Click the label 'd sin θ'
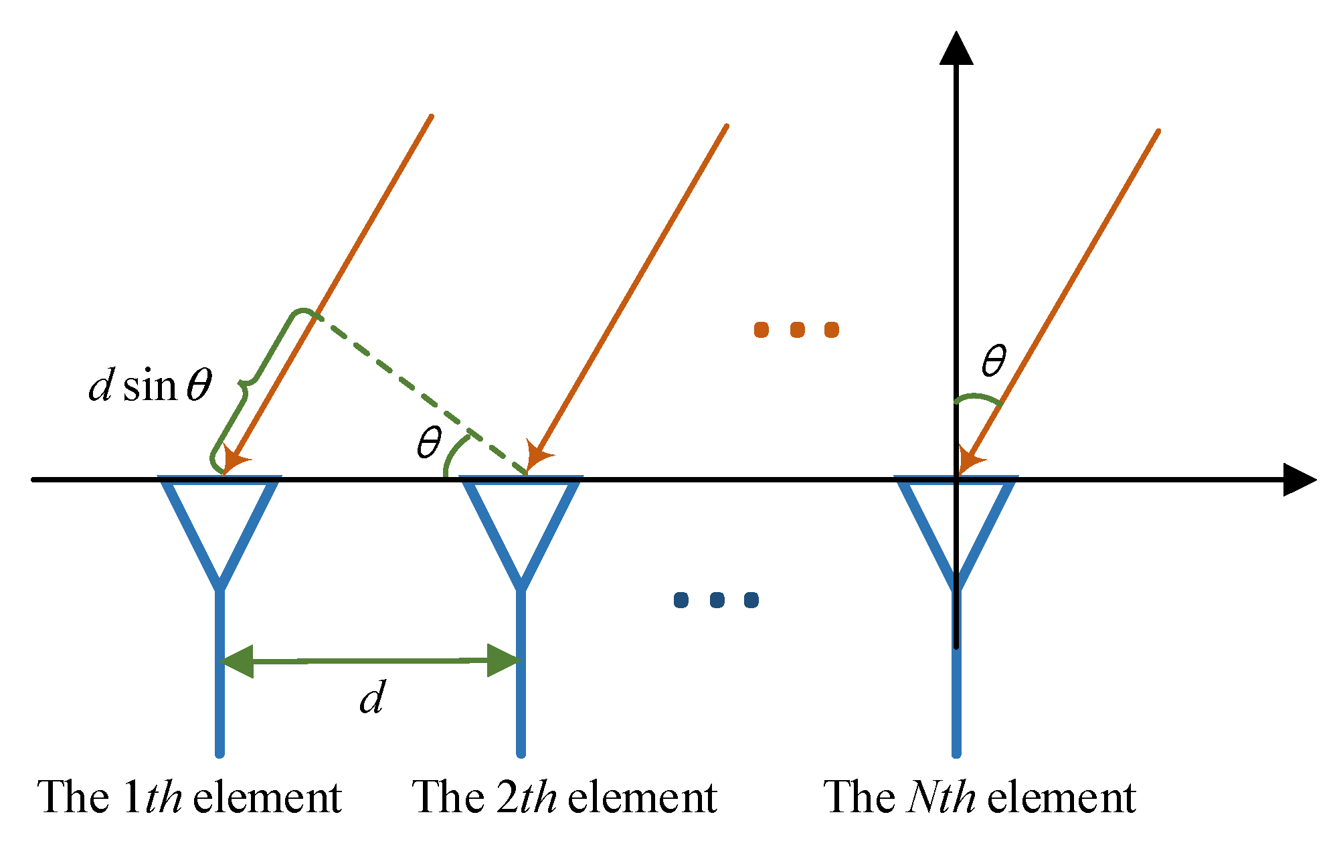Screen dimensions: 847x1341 (x=151, y=386)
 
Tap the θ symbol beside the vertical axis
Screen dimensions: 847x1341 (x=993, y=361)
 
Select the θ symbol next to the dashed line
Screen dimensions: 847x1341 (x=429, y=442)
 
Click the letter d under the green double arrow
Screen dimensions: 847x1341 (x=372, y=698)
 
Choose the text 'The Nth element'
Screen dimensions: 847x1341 (x=980, y=797)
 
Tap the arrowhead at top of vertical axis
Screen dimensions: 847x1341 (x=956, y=50)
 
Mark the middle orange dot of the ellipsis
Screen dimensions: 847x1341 (x=796, y=330)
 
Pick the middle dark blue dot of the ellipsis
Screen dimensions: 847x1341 (x=716, y=600)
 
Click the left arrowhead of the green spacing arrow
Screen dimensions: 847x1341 (x=238, y=662)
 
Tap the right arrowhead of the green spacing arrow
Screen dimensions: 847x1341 (x=503, y=661)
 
